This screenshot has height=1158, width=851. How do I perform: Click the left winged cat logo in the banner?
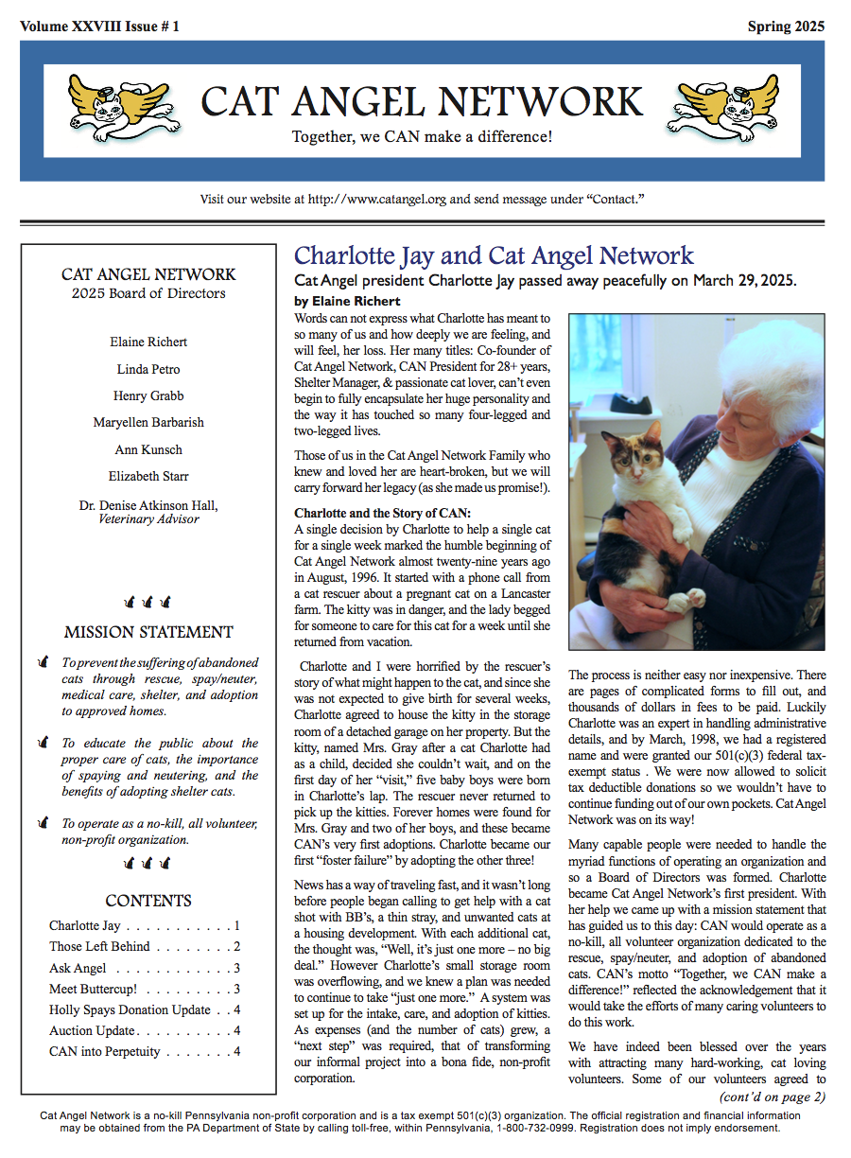[x=123, y=103]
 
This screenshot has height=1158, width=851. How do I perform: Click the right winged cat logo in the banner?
[x=722, y=103]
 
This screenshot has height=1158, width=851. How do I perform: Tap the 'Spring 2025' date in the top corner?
[x=786, y=26]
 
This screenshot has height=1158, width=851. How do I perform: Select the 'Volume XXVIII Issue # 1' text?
[x=99, y=26]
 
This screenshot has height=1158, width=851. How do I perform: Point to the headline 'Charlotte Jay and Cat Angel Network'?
[x=494, y=255]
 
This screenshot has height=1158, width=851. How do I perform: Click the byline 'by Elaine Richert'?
[x=347, y=302]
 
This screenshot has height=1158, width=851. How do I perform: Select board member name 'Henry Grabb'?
[x=148, y=395]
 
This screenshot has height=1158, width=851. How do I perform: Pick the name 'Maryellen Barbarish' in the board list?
[x=148, y=422]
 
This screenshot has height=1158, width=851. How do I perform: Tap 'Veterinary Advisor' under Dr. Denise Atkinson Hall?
[x=148, y=519]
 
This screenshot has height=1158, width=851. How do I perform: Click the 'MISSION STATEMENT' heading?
[x=148, y=632]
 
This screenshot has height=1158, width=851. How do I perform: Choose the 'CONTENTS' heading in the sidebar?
[x=148, y=901]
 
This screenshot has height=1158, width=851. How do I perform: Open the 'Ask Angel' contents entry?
[x=78, y=968]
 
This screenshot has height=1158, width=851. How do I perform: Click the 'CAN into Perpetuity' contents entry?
[x=104, y=1051]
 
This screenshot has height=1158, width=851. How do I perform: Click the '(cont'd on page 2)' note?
[x=772, y=1097]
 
